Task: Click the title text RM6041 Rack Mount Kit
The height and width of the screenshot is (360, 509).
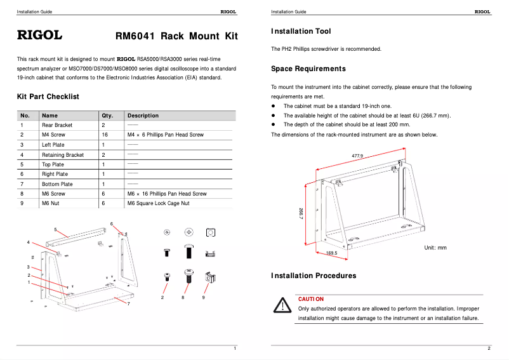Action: point(176,36)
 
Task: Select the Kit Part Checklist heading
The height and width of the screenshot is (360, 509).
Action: point(48,97)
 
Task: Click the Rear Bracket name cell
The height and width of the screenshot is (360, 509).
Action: point(57,125)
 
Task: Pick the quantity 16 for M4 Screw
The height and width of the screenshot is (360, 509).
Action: point(105,135)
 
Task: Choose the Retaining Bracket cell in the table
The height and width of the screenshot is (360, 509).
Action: point(63,154)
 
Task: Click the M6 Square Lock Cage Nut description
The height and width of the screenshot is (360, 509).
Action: point(159,203)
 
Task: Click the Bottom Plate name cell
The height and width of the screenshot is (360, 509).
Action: point(57,184)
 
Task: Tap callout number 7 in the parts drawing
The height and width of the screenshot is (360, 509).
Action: point(129,304)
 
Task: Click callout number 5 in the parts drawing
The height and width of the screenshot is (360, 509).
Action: point(55,229)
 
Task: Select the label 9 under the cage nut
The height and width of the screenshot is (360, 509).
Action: point(204,297)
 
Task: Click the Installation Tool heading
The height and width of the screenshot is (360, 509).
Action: point(301,31)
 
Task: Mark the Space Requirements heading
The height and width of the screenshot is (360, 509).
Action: point(308,69)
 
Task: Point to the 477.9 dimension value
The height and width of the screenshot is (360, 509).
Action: point(357,156)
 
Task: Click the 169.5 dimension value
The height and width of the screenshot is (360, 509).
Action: point(331,253)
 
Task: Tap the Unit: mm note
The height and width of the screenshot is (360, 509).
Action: point(435,248)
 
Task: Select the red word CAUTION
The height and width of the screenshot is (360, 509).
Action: point(311,299)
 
